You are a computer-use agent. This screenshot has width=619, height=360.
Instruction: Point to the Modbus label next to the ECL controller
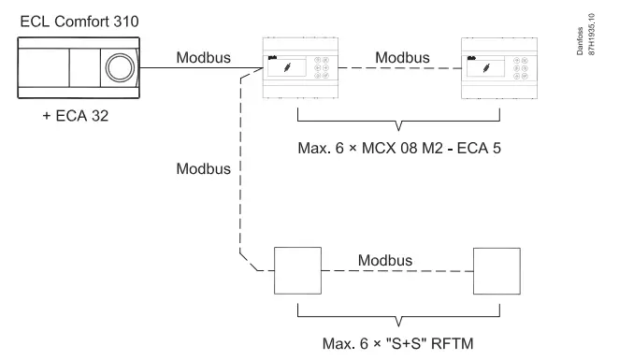[202, 57]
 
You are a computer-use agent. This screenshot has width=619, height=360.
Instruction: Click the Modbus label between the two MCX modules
[404, 57]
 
